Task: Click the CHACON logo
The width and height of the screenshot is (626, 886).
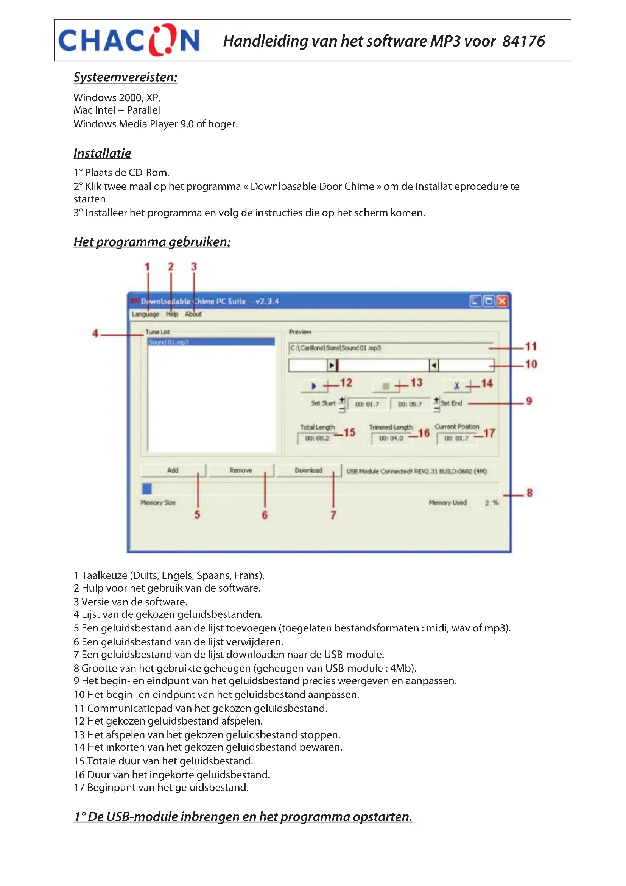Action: [x=128, y=40]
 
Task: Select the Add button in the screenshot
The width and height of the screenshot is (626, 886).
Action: [x=173, y=470]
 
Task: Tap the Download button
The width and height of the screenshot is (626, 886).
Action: [x=308, y=470]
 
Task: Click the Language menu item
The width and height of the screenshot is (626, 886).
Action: [x=145, y=314]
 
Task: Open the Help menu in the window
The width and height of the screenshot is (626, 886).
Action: [x=172, y=314]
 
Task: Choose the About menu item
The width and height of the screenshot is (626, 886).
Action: [x=193, y=314]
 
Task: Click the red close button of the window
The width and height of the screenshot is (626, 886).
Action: [x=502, y=301]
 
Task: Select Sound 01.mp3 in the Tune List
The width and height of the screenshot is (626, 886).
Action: [x=211, y=342]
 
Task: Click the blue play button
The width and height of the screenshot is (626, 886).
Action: [x=314, y=386]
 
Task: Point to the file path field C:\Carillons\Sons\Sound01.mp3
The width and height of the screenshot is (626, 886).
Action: [x=389, y=348]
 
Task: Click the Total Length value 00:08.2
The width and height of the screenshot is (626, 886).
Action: [x=317, y=438]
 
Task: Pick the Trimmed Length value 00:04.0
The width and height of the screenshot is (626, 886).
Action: [x=391, y=438]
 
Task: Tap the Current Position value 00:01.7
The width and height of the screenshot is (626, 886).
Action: [x=456, y=438]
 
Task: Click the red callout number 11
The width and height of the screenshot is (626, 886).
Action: [x=531, y=347]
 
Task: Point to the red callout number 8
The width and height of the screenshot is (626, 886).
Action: [x=529, y=493]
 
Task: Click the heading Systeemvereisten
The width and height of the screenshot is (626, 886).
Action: [x=125, y=77]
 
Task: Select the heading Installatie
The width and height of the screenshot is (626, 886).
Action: [x=102, y=153]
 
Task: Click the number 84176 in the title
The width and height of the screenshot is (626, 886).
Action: [x=523, y=41]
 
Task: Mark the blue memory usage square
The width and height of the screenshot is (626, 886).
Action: [x=147, y=489]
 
